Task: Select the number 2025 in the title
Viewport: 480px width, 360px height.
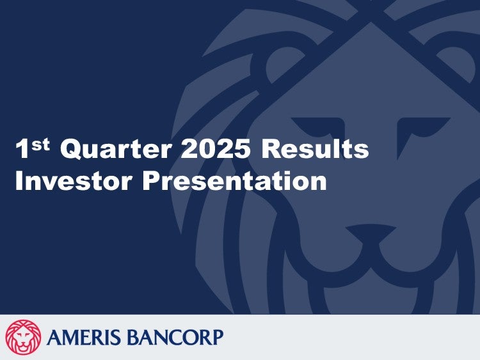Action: (x=214, y=148)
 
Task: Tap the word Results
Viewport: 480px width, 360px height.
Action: (x=316, y=148)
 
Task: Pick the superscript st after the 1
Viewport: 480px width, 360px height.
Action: (x=40, y=145)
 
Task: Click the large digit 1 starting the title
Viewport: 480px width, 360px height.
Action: (x=22, y=148)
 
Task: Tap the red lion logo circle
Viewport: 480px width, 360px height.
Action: (x=23, y=338)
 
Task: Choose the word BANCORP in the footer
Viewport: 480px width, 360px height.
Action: (x=175, y=337)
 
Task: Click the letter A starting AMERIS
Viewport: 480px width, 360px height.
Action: (x=55, y=337)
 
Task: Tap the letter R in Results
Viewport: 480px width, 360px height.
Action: (x=271, y=148)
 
